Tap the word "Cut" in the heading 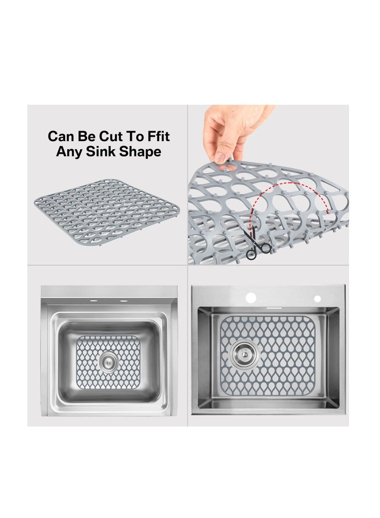pos(113,137)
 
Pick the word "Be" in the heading pos(88,137)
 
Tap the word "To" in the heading pos(135,137)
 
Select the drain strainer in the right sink pos(245,355)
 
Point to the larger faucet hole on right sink pos(250,298)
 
